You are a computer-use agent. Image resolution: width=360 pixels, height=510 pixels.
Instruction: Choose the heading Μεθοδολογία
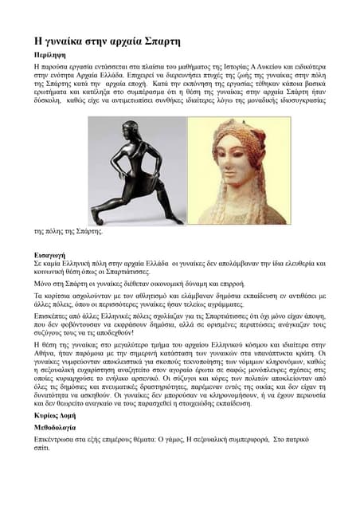tap(58, 428)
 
